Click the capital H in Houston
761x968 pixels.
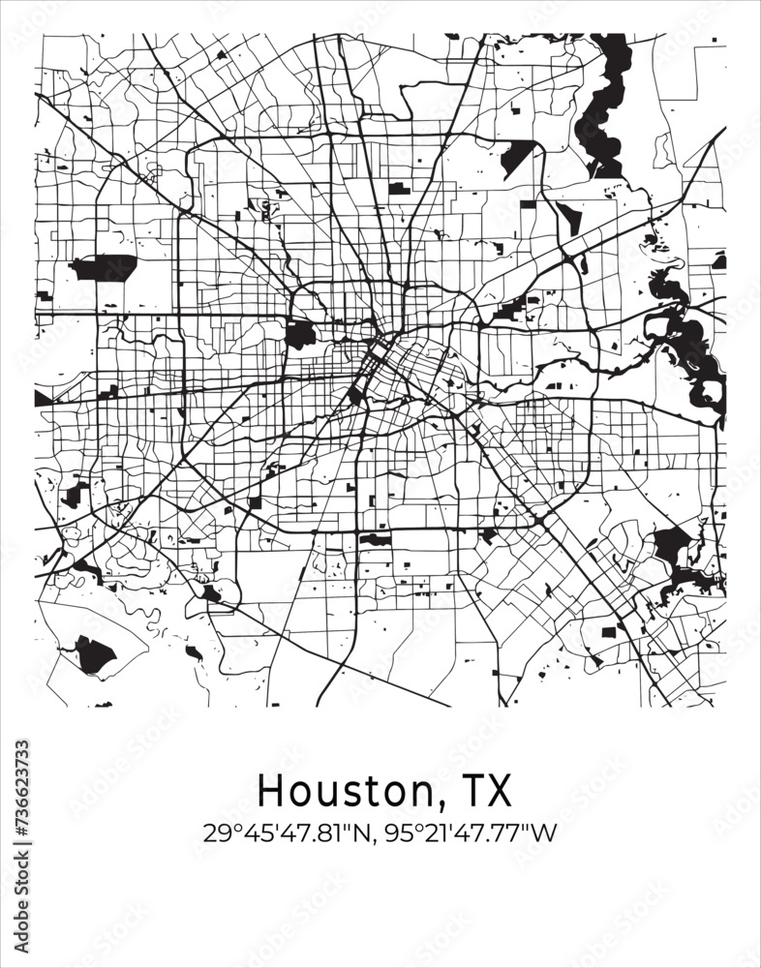click(x=270, y=791)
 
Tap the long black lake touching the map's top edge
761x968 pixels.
click(x=600, y=106)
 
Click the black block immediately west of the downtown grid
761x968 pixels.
click(x=300, y=335)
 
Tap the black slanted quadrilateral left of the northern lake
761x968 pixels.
click(x=519, y=157)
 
